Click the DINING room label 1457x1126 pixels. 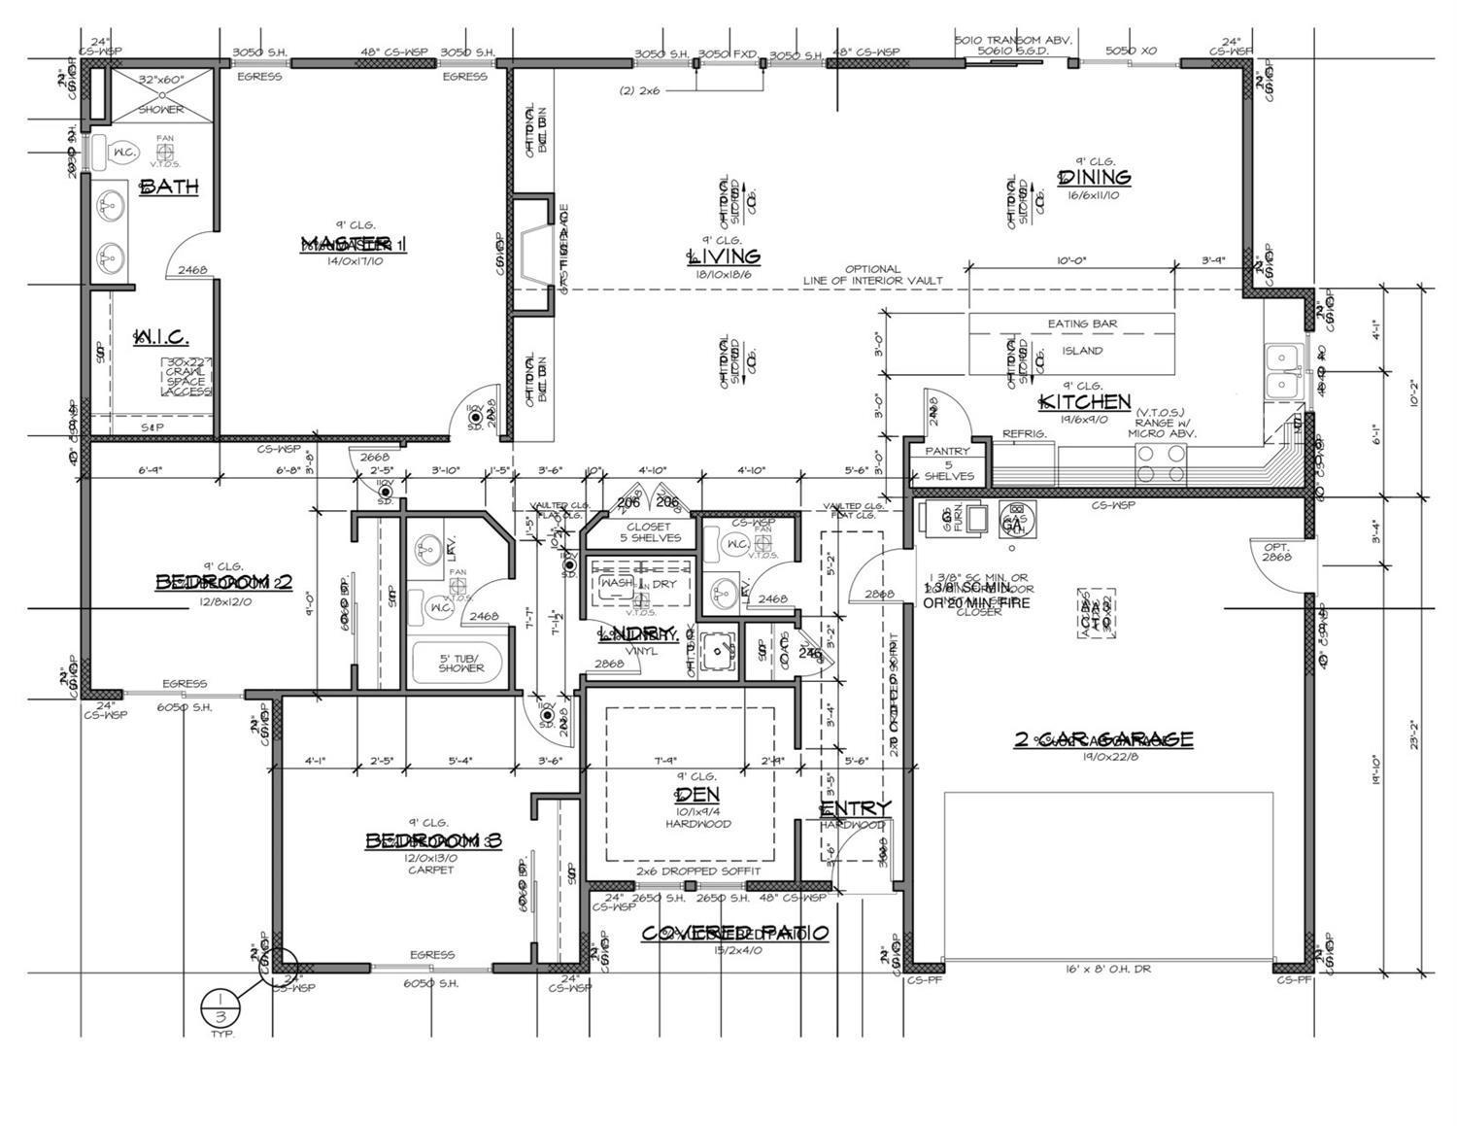(x=1095, y=178)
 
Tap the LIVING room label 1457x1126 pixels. (x=724, y=256)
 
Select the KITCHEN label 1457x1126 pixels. (x=1085, y=402)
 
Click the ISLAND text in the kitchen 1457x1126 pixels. (x=1082, y=351)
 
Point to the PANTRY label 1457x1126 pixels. (x=947, y=451)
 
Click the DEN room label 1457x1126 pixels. (x=696, y=795)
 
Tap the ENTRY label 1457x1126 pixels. (x=855, y=809)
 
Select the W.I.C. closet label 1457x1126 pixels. (x=161, y=337)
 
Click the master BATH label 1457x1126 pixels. (x=170, y=187)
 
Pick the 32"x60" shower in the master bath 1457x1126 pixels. (x=160, y=93)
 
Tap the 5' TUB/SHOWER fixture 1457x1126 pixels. (x=460, y=663)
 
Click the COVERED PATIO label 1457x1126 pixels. (x=735, y=933)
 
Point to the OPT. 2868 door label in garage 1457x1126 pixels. (x=1277, y=552)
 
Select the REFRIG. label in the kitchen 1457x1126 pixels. (x=1025, y=434)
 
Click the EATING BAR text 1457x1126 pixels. (x=1082, y=324)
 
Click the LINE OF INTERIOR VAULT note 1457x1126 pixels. (x=872, y=275)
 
